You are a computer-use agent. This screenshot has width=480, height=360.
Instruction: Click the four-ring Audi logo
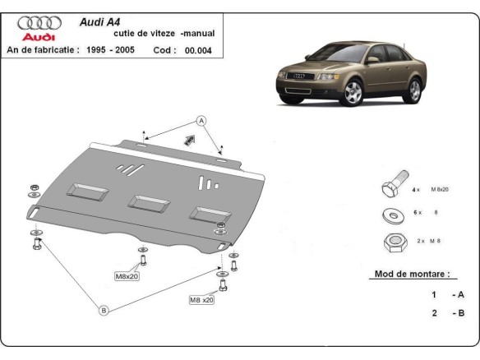[38, 24]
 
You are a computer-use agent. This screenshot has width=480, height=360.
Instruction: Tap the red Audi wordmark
[38, 37]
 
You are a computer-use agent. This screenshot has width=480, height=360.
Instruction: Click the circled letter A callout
[201, 121]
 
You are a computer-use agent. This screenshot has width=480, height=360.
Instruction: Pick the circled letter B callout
[104, 310]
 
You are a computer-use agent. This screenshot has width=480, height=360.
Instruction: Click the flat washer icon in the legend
[391, 214]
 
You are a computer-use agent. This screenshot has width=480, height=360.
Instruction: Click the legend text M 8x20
[436, 189]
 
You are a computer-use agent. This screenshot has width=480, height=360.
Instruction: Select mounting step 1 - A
[443, 294]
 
